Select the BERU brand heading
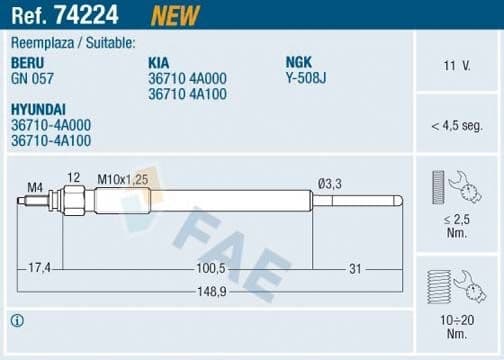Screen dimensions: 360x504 29,61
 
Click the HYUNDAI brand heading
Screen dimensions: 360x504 41,110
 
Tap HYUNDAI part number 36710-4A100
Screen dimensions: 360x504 50,141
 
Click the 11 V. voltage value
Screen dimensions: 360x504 456,66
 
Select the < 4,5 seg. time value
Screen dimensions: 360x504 457,125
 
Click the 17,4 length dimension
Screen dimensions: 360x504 40,269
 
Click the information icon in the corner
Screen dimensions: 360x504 16,321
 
